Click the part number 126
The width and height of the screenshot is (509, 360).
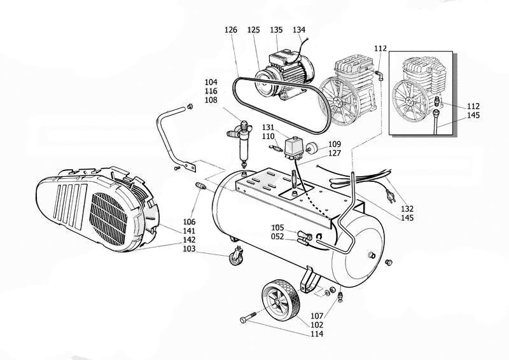click(231, 30)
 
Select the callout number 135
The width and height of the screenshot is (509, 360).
click(276, 30)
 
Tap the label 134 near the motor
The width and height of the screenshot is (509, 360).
click(299, 30)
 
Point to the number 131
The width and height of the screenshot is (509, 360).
click(268, 127)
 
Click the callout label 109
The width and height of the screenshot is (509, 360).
click(334, 144)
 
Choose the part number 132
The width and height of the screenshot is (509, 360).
click(407, 209)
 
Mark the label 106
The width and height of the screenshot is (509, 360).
click(190, 221)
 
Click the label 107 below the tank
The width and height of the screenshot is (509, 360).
click(317, 315)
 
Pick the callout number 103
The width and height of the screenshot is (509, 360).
click(190, 249)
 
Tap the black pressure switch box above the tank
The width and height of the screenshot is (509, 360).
click(294, 148)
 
